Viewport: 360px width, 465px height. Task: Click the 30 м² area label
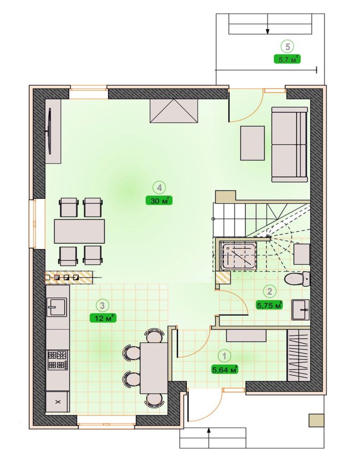tap(159, 201)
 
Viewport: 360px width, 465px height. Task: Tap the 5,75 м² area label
tap(269, 305)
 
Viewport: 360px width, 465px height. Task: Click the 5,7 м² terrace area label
tap(287, 59)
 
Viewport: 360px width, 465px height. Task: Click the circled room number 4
tap(159, 188)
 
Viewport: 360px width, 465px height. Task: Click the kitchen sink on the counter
tap(57, 307)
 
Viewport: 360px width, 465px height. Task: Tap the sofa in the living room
tap(290, 144)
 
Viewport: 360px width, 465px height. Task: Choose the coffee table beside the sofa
tap(252, 143)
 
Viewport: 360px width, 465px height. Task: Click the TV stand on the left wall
tap(53, 131)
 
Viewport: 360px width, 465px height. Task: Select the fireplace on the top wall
tap(174, 111)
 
